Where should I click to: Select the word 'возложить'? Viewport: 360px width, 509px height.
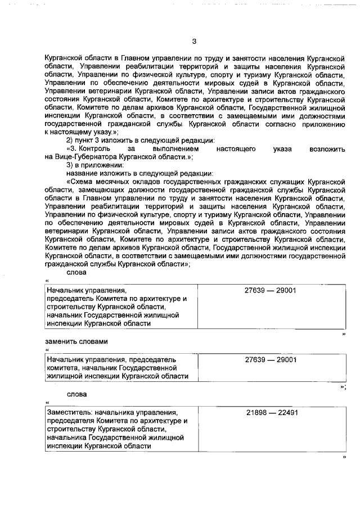[x=327, y=148]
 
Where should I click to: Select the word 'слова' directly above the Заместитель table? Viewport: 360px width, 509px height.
[x=77, y=394]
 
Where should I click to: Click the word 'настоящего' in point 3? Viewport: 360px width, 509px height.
[x=236, y=148]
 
